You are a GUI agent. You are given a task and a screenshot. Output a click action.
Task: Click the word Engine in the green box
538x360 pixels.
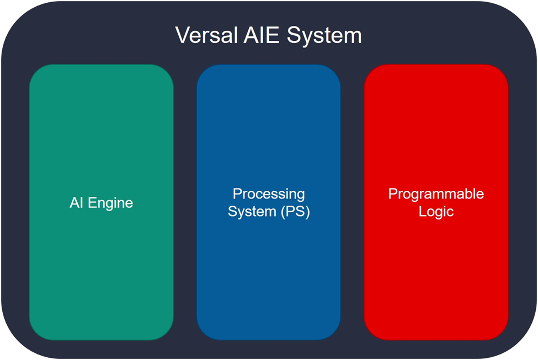[110, 203]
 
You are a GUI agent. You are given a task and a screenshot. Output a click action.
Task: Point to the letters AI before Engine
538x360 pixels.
[76, 202]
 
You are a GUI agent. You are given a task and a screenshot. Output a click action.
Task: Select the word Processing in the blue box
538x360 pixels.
[269, 194]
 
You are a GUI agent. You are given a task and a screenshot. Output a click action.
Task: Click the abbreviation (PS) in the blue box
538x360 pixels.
[295, 211]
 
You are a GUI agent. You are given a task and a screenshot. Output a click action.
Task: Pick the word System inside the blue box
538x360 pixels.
[252, 211]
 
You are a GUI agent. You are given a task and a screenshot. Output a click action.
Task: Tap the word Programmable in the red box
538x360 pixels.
[436, 194]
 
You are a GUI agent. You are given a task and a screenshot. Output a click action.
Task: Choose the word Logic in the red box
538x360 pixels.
[436, 211]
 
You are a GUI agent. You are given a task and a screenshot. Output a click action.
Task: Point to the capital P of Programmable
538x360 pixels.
[392, 194]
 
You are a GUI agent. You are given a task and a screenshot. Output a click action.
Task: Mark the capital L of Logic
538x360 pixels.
[422, 211]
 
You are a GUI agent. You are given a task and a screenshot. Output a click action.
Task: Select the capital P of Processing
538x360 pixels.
[237, 194]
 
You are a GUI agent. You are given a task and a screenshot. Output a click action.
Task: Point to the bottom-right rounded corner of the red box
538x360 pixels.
[502, 334]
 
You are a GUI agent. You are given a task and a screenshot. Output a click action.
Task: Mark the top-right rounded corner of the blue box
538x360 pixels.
[334, 71]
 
